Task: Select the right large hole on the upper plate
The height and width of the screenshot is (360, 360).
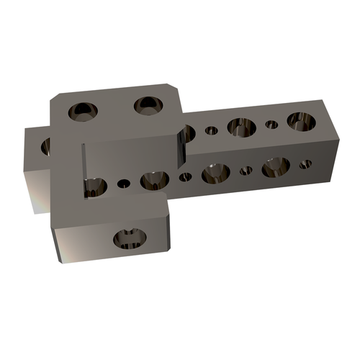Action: (148, 105)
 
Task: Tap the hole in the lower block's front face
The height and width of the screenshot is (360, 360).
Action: (130, 238)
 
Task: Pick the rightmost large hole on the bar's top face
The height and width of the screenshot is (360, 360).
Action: (300, 120)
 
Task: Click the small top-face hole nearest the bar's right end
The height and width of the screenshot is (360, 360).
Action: (271, 125)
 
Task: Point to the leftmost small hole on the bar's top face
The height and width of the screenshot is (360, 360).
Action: (211, 131)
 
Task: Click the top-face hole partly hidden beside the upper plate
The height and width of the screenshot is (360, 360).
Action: (187, 132)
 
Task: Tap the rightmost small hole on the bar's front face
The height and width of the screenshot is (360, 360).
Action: (305, 164)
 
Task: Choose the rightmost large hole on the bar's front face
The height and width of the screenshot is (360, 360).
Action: (275, 166)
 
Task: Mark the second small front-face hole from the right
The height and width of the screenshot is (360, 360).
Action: (246, 171)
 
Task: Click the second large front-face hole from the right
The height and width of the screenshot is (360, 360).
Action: (215, 173)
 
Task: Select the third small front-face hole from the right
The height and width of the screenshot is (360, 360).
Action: (185, 176)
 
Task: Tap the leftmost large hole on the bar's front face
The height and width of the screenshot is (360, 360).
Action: (94, 185)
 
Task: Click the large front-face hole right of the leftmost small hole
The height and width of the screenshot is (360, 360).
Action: (154, 179)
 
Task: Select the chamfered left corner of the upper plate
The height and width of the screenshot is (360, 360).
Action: (55, 99)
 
